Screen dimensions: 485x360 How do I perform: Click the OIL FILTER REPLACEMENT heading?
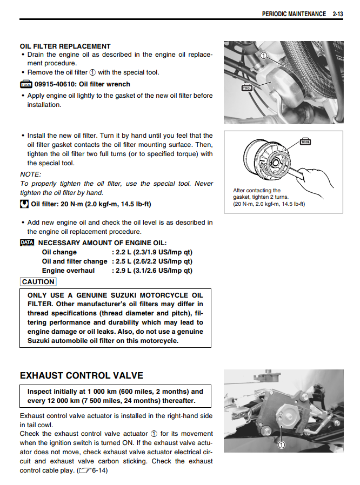click(65, 46)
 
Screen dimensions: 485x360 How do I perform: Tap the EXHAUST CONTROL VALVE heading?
click(81, 375)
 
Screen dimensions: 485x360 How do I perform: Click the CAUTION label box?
click(38, 281)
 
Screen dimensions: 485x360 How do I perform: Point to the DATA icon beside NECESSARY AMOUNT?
click(27, 243)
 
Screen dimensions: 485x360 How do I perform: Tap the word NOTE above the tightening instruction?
click(30, 174)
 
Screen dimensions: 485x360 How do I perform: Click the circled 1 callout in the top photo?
click(263, 56)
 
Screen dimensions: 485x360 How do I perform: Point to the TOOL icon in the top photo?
click(246, 86)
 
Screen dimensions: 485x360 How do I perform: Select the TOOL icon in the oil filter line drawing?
click(305, 142)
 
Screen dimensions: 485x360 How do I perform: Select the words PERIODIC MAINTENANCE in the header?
click(294, 14)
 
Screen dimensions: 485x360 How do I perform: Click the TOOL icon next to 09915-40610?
click(26, 84)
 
